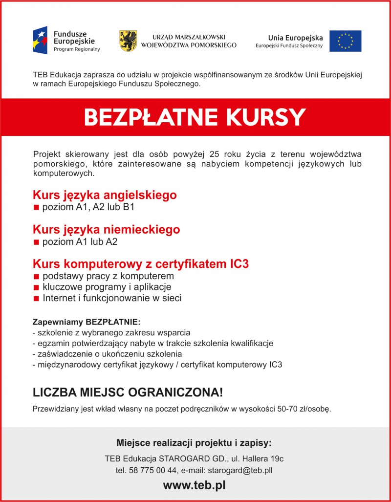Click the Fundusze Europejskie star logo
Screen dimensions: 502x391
(40, 41)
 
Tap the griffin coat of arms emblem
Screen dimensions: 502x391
(128, 41)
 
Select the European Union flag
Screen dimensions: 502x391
(345, 41)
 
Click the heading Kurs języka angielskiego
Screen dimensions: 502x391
(105, 195)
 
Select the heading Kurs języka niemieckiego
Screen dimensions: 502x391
(106, 229)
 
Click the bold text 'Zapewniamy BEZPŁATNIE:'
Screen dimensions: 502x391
(86, 323)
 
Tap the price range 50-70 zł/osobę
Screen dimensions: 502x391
(304, 409)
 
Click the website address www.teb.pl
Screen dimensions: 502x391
(195, 485)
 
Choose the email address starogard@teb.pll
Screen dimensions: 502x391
(240, 470)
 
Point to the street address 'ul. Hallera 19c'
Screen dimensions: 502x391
(257, 458)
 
